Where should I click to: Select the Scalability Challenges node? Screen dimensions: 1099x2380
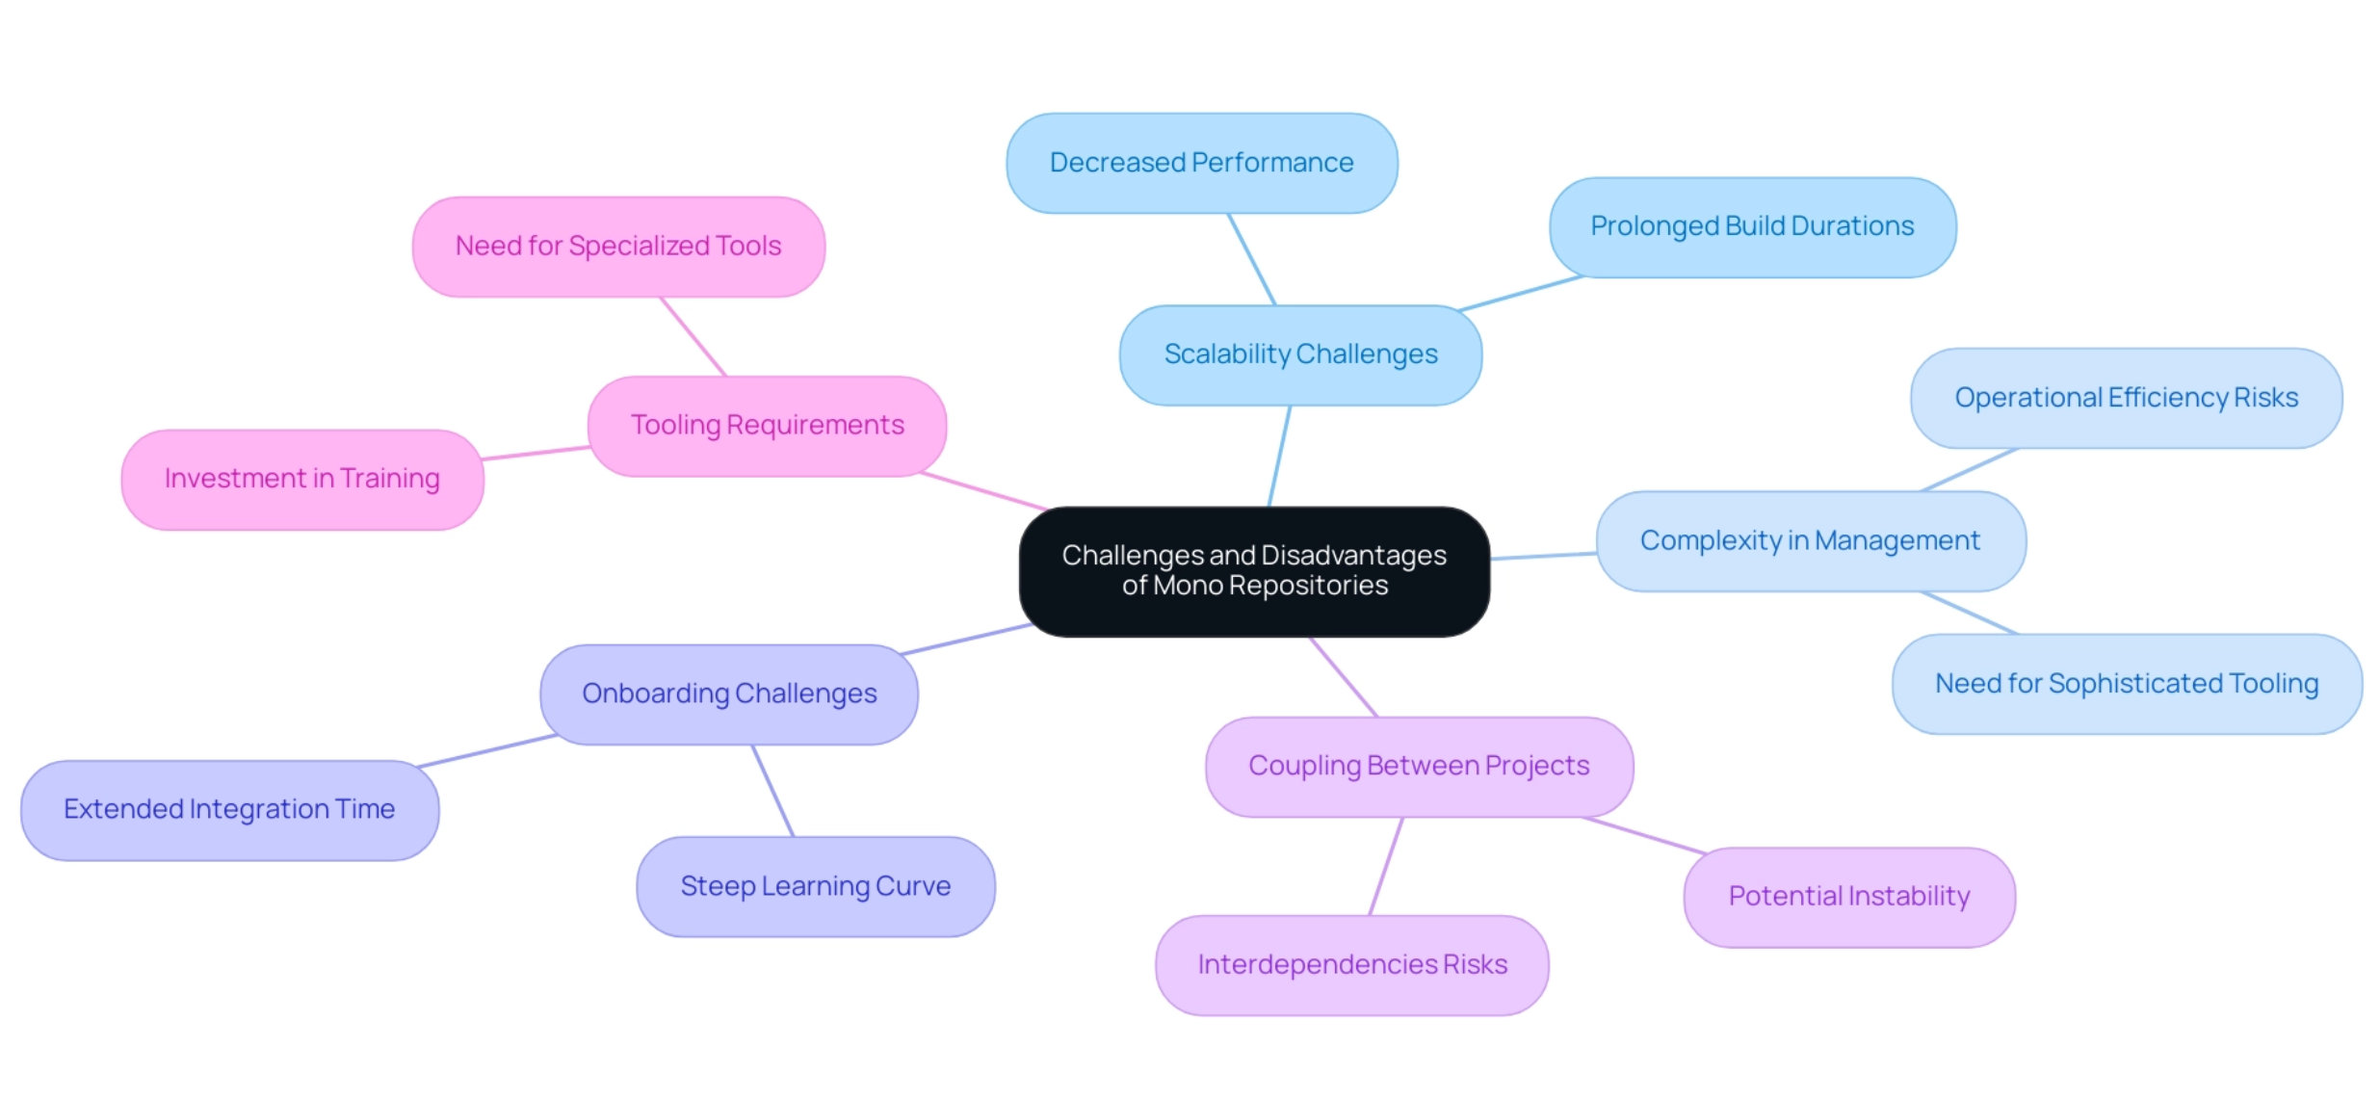point(1300,354)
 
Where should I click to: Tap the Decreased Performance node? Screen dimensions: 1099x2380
point(1201,163)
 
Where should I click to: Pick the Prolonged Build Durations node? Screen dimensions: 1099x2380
point(1752,226)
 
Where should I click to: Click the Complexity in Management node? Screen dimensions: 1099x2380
point(1810,540)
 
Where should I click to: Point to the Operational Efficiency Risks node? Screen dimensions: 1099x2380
point(2126,398)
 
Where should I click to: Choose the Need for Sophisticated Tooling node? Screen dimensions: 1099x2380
point(2127,684)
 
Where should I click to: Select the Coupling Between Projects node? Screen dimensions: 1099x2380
point(1419,766)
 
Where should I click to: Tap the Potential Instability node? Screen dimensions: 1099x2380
point(1848,897)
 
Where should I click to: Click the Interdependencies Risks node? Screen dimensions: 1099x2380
point(1352,964)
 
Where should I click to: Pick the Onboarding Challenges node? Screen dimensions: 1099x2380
point(729,693)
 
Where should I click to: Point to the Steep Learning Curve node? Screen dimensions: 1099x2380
point(815,886)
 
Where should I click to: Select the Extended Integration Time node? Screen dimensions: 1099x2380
point(229,809)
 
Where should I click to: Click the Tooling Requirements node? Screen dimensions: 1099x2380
point(767,425)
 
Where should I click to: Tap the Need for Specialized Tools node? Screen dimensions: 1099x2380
point(618,247)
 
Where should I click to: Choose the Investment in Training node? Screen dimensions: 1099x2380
point(301,479)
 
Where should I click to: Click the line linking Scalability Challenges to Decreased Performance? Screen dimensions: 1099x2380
point(1251,259)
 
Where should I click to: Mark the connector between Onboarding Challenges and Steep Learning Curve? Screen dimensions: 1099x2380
point(772,791)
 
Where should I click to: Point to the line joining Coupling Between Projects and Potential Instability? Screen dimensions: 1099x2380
point(1644,835)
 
